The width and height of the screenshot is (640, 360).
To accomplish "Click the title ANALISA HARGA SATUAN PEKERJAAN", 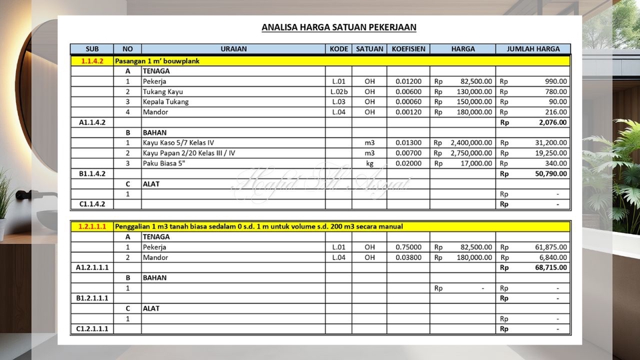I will [x=339, y=27].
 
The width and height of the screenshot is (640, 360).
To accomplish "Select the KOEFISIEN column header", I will [x=409, y=49].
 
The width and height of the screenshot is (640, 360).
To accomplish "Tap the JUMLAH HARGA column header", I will [x=533, y=49].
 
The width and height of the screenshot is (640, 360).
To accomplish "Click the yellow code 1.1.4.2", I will [x=92, y=61].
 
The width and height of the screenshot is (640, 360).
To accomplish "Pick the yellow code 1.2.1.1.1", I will [x=92, y=227].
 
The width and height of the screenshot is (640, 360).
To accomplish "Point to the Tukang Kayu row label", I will [x=163, y=91].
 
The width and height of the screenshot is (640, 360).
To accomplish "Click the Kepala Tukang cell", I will [x=165, y=102].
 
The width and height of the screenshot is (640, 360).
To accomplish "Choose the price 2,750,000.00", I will [x=471, y=153].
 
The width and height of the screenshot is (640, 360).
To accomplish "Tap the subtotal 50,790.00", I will [x=550, y=174].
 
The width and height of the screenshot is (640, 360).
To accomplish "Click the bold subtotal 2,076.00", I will [x=552, y=123].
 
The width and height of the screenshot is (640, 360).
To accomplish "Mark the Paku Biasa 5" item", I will [x=163, y=163].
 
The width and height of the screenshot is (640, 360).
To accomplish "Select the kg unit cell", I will [x=369, y=163].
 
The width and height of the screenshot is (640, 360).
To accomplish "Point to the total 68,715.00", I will [x=550, y=267].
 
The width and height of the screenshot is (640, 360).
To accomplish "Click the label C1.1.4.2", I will [x=92, y=204].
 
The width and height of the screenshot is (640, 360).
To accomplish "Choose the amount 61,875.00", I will [x=551, y=247].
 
